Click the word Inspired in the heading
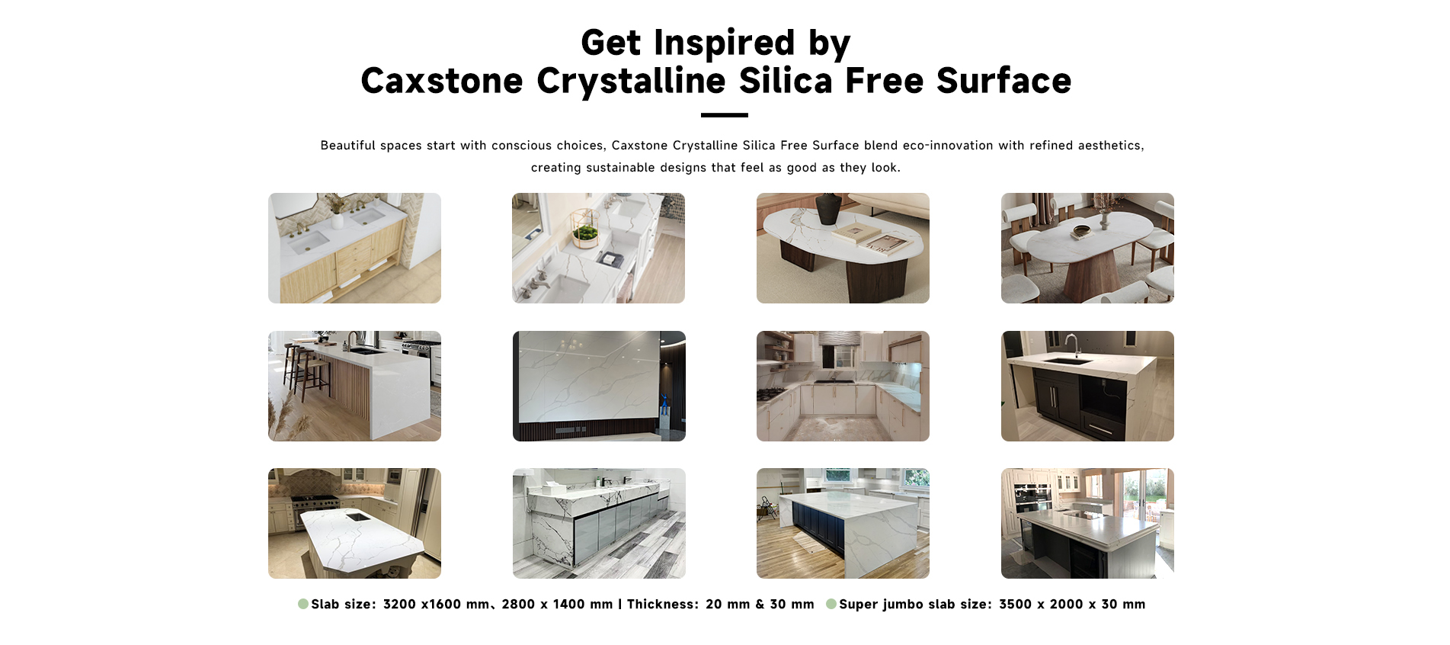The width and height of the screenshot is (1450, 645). [x=724, y=43]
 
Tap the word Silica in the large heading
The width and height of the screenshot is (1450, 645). [x=786, y=81]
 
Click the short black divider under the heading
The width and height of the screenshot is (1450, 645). [x=724, y=115]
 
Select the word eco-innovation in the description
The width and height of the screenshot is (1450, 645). [x=947, y=146]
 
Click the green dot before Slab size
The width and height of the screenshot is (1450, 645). [x=303, y=604]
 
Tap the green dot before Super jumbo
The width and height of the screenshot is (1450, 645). [x=831, y=604]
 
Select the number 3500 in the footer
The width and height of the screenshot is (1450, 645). [x=1015, y=605]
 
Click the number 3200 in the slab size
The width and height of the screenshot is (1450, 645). [x=399, y=605]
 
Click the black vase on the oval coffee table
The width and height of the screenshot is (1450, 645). [x=828, y=208]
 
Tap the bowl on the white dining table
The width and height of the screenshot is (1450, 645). [x=1082, y=229]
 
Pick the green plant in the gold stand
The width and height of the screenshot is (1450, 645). [x=585, y=233]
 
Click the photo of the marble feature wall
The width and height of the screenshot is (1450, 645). [x=599, y=386]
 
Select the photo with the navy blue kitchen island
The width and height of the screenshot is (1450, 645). [x=843, y=523]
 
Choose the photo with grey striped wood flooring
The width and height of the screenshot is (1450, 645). [x=599, y=523]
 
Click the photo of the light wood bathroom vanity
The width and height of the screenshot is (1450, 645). [x=354, y=248]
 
